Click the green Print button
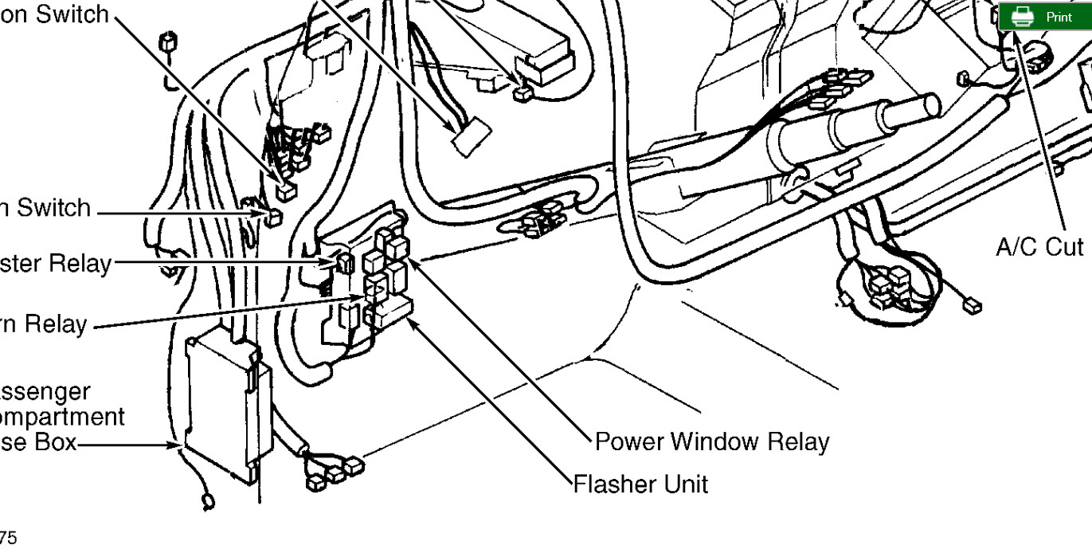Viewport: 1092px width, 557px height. point(1045,17)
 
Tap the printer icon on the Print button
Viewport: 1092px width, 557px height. point(1023,17)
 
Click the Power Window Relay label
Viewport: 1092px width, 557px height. point(712,441)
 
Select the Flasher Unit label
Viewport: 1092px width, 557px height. point(640,483)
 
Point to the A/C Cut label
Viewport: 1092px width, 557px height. point(1040,247)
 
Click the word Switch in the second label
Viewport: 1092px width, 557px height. point(54,208)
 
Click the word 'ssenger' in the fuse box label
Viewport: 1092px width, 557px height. point(45,393)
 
